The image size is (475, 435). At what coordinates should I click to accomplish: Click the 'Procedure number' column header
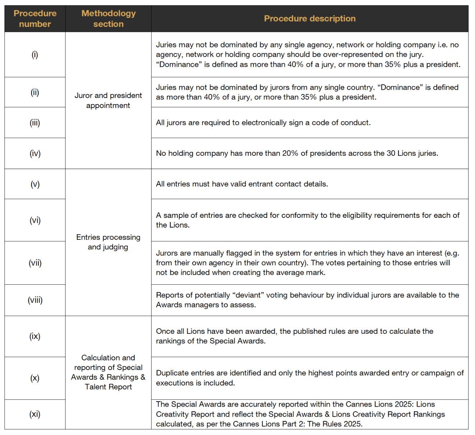click(x=35, y=19)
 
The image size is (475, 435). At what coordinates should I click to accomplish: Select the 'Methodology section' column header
click(x=108, y=19)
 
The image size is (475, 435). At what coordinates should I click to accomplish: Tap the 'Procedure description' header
click(x=310, y=19)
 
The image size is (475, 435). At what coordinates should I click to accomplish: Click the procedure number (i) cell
click(x=35, y=55)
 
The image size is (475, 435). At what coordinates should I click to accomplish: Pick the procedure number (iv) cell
click(x=35, y=154)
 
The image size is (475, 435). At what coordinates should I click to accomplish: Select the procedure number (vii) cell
click(x=35, y=263)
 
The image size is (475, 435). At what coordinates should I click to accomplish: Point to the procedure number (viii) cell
click(x=35, y=300)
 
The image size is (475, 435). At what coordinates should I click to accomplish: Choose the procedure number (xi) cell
click(x=35, y=414)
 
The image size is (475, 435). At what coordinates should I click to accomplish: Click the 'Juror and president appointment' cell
click(x=108, y=100)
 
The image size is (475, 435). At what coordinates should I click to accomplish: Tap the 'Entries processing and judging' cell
click(x=108, y=242)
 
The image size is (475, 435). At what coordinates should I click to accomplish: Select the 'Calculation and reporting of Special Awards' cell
click(x=108, y=372)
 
